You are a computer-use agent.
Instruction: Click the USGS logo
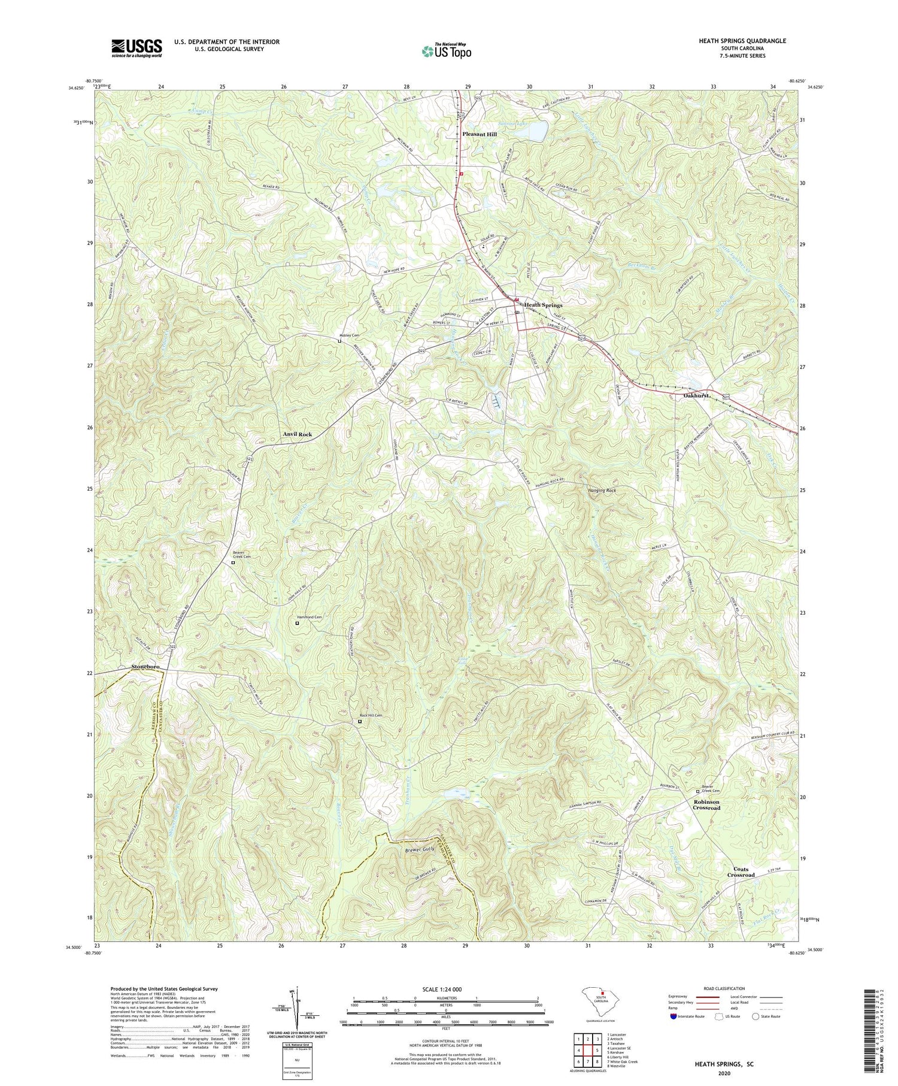coord(136,48)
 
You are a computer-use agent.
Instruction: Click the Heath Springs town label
coord(543,305)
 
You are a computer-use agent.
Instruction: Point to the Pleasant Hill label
coord(479,134)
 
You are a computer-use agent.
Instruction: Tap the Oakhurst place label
coord(696,396)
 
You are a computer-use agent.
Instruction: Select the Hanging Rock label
coord(599,490)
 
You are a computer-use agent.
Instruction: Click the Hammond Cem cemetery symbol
coord(297,623)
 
